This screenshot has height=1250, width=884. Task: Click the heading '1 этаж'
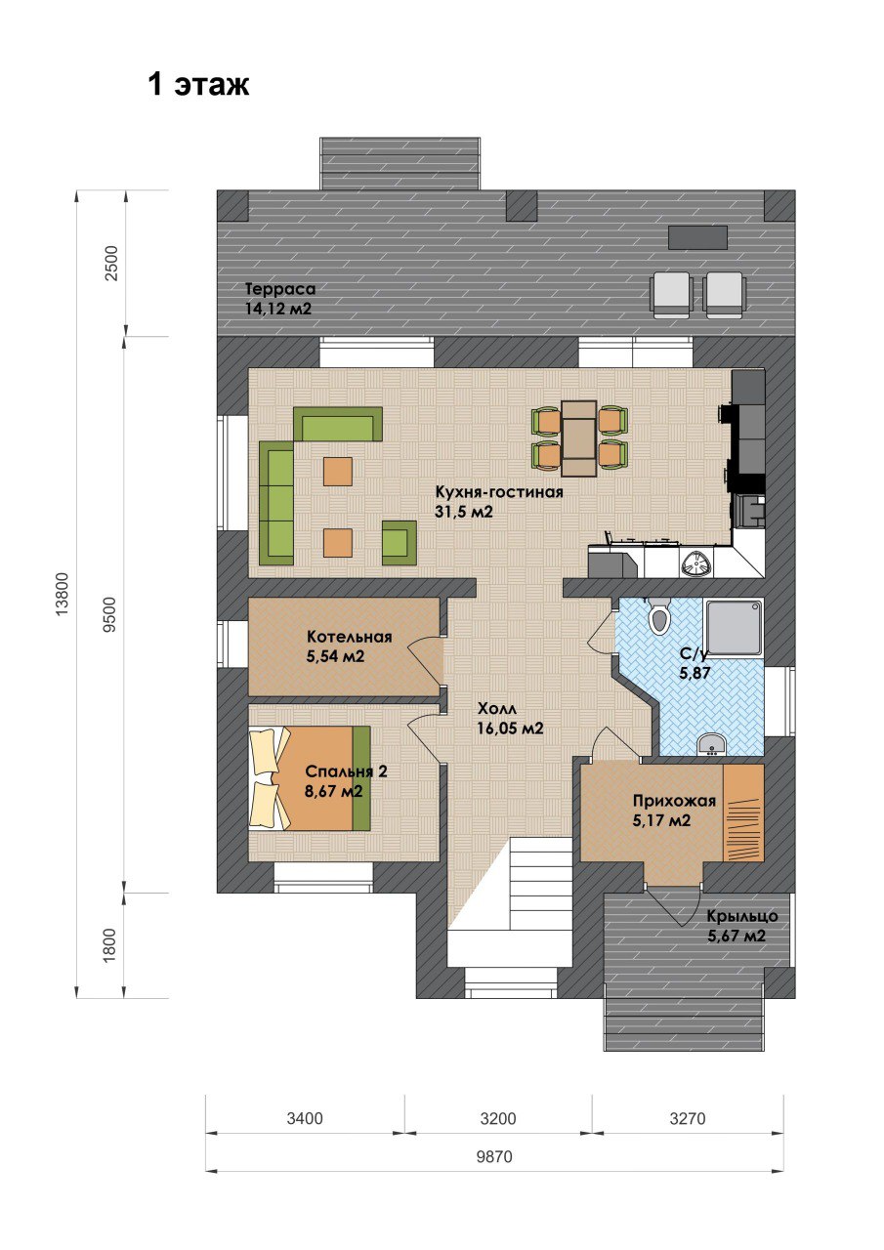(198, 85)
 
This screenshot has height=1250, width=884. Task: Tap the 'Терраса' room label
(280, 289)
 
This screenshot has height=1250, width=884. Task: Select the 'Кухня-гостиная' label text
(499, 492)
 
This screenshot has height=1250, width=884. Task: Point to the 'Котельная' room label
(350, 637)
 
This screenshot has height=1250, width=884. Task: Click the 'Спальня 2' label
(346, 771)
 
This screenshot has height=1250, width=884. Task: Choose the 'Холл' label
(496, 709)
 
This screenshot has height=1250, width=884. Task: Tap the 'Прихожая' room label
(674, 802)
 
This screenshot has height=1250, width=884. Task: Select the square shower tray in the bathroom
(734, 627)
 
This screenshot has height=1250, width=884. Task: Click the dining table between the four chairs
(579, 438)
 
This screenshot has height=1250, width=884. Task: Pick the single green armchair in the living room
(400, 543)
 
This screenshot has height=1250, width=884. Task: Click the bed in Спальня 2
(310, 778)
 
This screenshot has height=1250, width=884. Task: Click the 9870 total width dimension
(494, 1157)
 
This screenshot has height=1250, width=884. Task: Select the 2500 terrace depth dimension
(111, 263)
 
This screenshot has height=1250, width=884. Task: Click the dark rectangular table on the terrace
(698, 237)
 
